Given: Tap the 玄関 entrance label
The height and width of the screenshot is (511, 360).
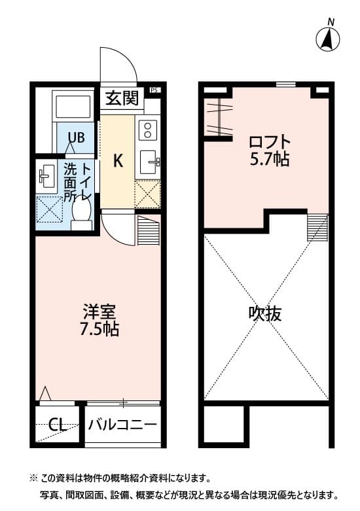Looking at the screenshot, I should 122,99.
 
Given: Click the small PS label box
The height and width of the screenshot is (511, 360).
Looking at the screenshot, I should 154,90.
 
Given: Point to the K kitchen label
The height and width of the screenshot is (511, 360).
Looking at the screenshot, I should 118,160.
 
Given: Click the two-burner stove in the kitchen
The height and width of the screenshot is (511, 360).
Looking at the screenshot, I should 148,130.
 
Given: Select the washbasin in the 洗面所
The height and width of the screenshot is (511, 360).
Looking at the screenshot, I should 46,175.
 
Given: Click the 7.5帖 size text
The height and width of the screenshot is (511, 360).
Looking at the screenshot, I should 99,330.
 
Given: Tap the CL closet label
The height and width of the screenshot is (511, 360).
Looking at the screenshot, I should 58,425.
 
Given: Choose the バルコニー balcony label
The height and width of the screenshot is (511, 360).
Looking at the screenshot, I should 123,425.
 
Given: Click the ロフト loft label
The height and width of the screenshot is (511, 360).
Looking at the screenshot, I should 269,141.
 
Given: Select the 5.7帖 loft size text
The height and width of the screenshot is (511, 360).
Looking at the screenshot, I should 269,159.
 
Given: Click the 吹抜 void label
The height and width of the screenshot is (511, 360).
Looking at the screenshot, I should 265,313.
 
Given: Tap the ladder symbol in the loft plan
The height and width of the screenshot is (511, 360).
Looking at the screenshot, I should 317,227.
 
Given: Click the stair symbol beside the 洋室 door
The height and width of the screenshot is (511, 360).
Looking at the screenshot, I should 149,229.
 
